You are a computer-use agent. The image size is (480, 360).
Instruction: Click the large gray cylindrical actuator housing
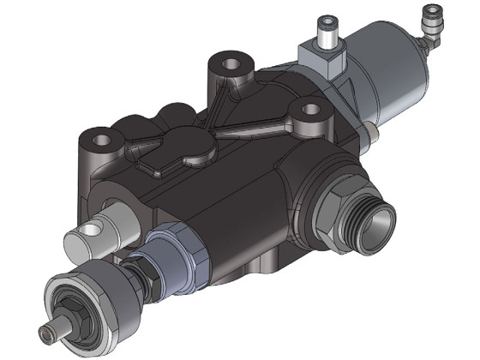pos(390,73)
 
